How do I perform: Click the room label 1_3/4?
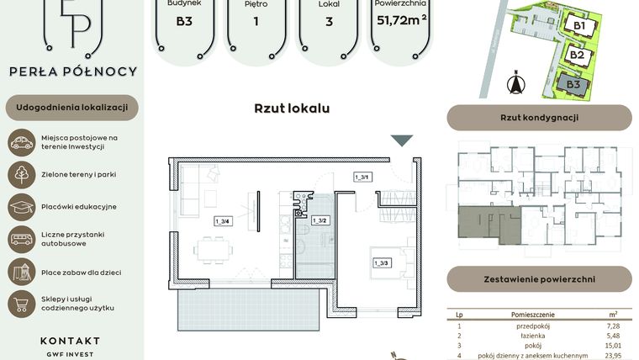coord(222,221)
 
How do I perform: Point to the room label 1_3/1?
coord(362,176)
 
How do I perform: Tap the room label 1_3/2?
coord(319,220)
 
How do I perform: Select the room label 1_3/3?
coord(382,263)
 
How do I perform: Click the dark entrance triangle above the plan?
coord(403,141)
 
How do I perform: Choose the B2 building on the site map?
coord(577,55)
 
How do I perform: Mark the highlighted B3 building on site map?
coord(573,84)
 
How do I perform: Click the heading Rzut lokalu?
coord(292,108)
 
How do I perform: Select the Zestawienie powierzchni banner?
coord(539,278)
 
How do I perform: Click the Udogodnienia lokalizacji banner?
coord(71,108)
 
